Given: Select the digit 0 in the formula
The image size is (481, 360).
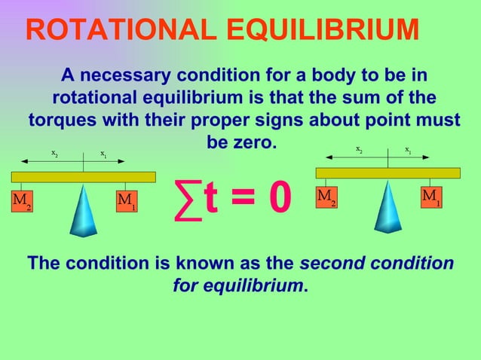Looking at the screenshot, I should [x=276, y=197].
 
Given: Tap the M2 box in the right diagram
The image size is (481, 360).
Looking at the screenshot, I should [x=326, y=197].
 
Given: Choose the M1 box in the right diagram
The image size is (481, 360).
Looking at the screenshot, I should [x=430, y=197].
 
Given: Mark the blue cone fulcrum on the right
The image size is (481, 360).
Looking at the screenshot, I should [x=388, y=208].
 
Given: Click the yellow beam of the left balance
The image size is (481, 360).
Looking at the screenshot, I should [x=83, y=177].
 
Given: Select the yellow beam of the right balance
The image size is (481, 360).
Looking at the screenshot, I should [x=388, y=172].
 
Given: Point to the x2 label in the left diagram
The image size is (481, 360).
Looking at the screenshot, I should [x=55, y=154].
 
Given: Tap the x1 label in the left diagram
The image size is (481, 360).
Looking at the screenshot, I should [x=103, y=154].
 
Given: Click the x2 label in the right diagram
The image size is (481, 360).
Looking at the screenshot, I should [x=360, y=149].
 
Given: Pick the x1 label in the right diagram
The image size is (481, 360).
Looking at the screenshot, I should [x=408, y=149].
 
